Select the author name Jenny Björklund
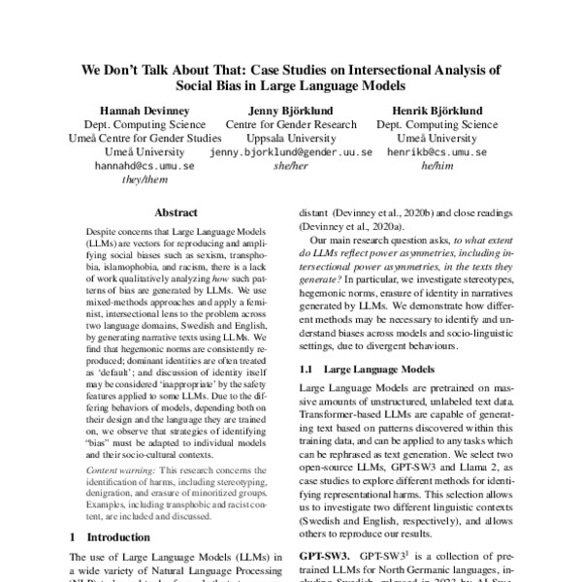coord(290,112)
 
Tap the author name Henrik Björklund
coord(436,112)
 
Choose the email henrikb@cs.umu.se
coord(436,152)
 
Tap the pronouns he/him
coord(436,166)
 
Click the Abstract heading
coord(176,212)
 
